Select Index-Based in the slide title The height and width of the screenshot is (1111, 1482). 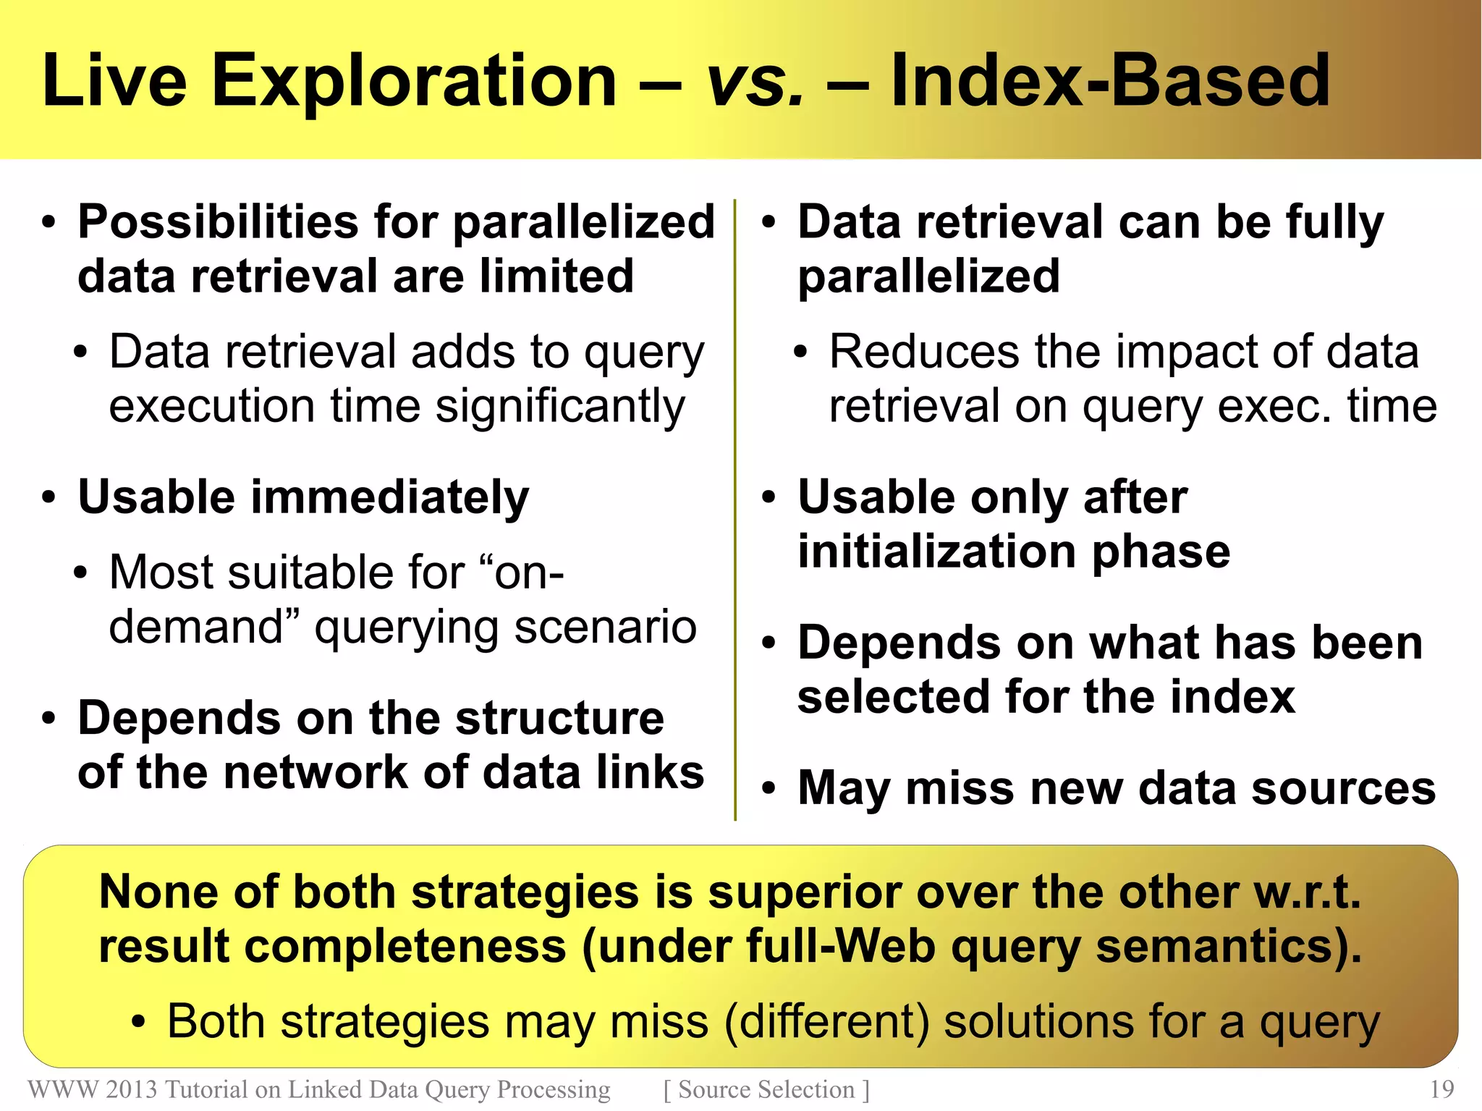tap(1110, 81)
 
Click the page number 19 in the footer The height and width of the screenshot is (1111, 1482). tap(1441, 1089)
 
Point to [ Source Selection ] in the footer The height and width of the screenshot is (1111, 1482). tap(766, 1089)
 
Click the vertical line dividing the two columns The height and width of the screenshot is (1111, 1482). tap(735, 507)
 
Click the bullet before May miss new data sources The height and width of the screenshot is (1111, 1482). tap(768, 789)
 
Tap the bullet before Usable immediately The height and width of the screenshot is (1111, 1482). tap(48, 498)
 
